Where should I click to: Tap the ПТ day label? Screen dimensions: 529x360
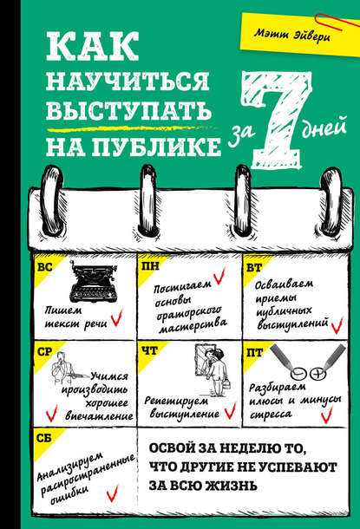click(x=251, y=350)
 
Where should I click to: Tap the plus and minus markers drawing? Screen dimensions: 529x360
click(x=294, y=354)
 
